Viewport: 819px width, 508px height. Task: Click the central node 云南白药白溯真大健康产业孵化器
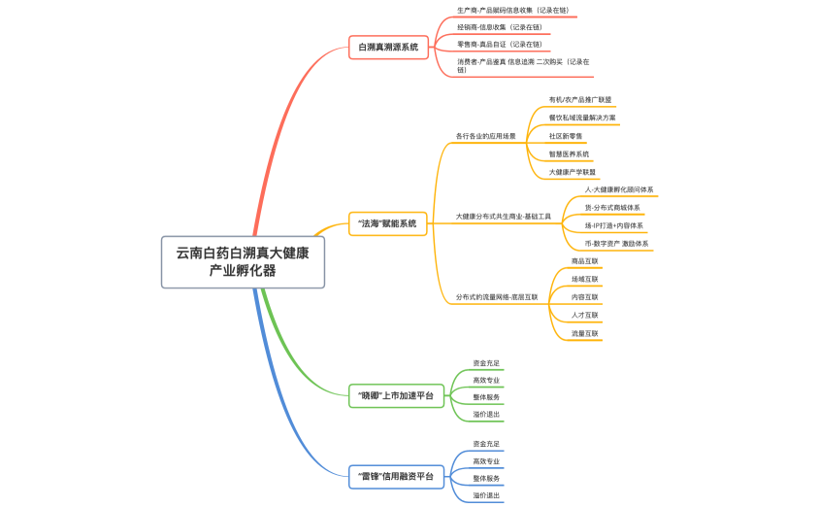[243, 261]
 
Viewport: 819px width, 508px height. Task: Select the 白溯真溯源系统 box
[389, 46]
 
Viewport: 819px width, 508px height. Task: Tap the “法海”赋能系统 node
[389, 223]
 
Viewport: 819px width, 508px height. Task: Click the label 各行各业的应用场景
[486, 136]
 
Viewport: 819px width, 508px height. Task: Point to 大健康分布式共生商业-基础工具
[503, 216]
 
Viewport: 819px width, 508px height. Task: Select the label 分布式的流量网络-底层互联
[496, 296]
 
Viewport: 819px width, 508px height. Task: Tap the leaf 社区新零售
[566, 136]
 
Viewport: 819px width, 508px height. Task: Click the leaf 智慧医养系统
[569, 153]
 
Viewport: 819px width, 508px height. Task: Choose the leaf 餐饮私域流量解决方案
[582, 118]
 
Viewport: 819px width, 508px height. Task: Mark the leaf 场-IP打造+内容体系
[613, 225]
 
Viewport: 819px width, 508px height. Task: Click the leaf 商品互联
[585, 260]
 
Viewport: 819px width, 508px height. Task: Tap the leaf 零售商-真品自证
[499, 45]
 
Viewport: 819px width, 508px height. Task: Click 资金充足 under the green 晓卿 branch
[486, 363]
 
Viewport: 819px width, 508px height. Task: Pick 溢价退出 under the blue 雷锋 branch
[486, 495]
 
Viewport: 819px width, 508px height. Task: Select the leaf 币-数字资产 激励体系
[616, 244]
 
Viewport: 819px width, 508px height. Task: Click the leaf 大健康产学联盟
[573, 172]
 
